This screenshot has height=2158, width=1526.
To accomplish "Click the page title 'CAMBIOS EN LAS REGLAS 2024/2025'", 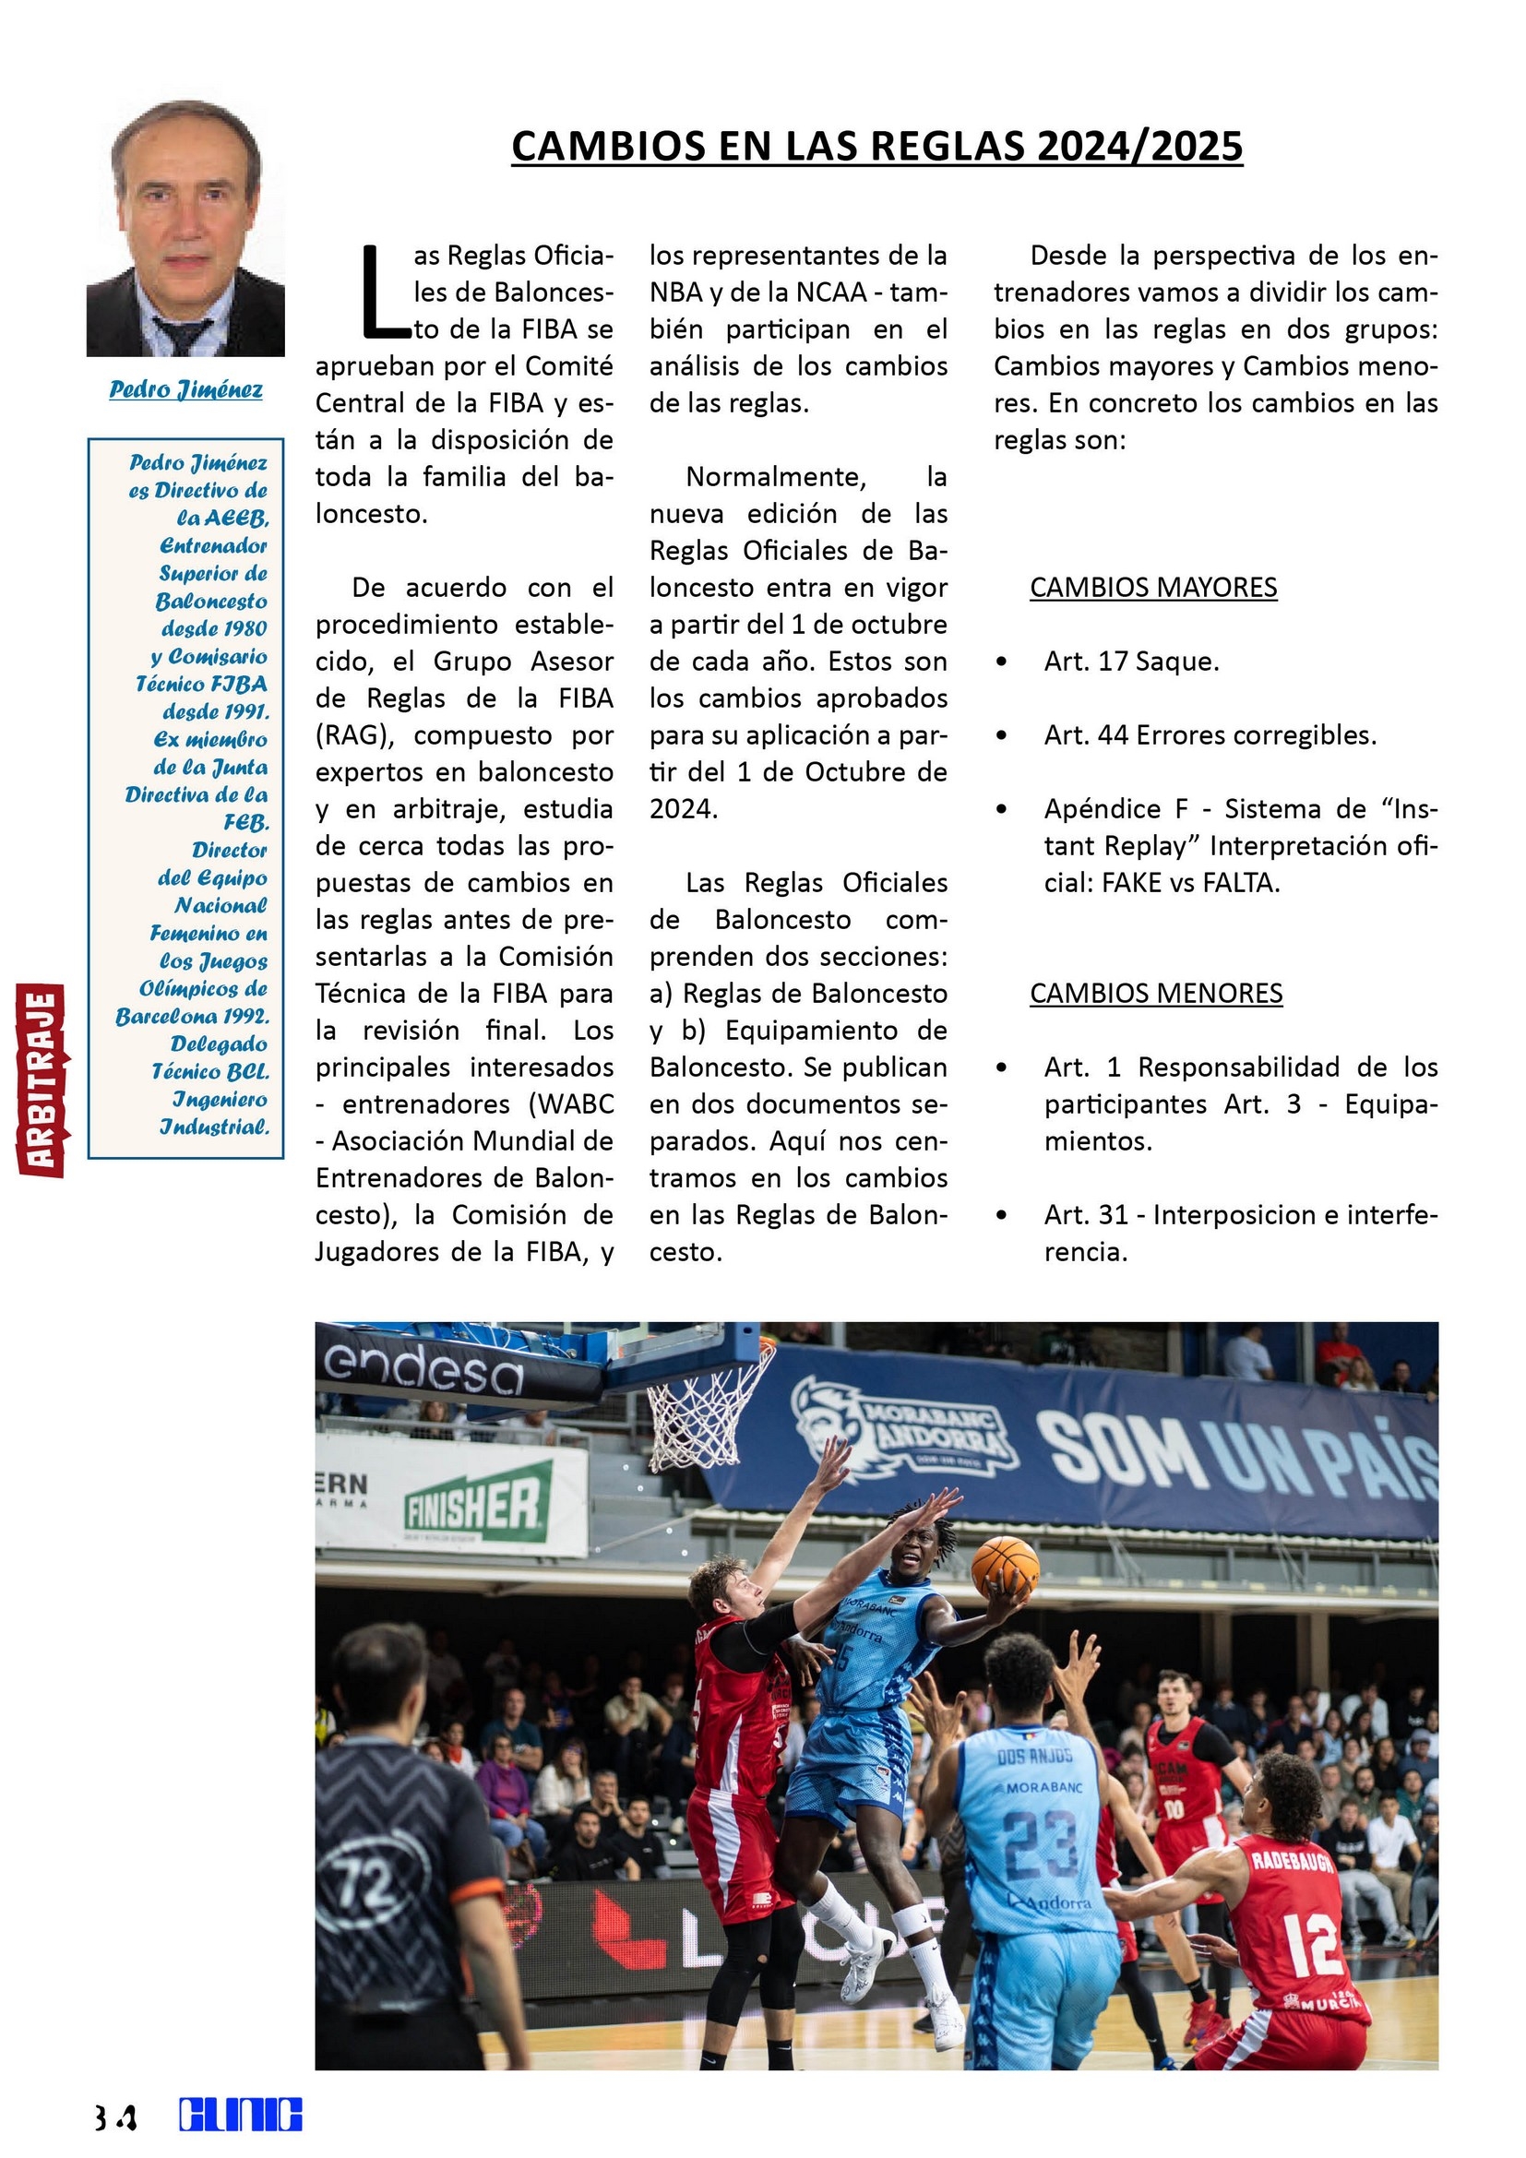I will tap(876, 147).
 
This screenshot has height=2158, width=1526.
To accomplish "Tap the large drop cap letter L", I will tap(383, 292).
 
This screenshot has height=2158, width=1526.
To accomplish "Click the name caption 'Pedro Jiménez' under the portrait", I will tap(186, 389).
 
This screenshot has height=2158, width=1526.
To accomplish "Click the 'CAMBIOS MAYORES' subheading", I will tap(1153, 588).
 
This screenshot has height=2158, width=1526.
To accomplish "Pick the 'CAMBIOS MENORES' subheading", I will tap(1156, 994).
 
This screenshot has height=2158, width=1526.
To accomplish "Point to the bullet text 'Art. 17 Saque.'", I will tap(1131, 662).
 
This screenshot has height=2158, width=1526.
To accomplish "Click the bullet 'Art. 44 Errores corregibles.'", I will tap(1210, 735).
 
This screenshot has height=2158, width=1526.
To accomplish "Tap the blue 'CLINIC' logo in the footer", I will tap(241, 2115).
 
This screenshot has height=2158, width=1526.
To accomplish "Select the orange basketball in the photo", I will tap(1005, 1567).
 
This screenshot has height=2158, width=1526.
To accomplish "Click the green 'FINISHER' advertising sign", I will tap(473, 1508).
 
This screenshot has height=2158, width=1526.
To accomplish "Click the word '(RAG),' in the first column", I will tap(352, 735).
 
